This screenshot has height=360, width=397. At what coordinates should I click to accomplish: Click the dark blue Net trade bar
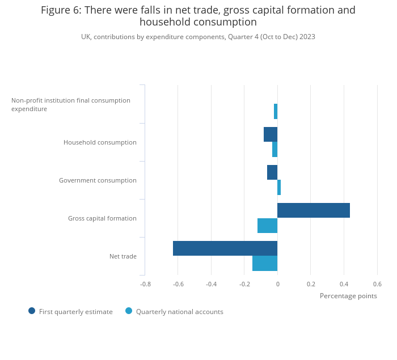point(225,248)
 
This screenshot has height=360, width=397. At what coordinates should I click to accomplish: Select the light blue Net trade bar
point(265,263)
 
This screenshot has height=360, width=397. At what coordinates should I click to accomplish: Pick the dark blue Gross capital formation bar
point(314,210)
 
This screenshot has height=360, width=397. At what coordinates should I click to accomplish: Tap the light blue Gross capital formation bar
point(267,225)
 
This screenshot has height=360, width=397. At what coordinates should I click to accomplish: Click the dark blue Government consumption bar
point(272,172)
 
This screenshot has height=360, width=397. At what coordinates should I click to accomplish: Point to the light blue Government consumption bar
point(279,187)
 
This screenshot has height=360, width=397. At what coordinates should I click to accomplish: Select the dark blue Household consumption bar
point(271,134)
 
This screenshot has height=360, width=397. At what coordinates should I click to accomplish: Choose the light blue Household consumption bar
point(275,149)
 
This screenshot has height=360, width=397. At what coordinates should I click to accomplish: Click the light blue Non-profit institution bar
point(276,111)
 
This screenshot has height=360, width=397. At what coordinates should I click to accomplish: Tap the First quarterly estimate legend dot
point(32,311)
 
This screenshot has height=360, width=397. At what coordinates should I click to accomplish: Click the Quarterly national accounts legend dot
point(129,311)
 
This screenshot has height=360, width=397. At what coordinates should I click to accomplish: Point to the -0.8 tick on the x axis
point(145,284)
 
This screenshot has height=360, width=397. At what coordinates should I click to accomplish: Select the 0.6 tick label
point(377,284)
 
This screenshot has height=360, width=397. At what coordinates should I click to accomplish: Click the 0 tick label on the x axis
point(278,284)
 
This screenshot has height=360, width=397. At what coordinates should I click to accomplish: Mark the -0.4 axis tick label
point(212,284)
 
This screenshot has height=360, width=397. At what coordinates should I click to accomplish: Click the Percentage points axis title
point(348,296)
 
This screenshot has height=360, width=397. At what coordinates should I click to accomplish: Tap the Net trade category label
point(123,256)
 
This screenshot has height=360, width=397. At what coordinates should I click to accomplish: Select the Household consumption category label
point(100,142)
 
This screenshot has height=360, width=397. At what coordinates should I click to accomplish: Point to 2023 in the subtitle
point(307,37)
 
